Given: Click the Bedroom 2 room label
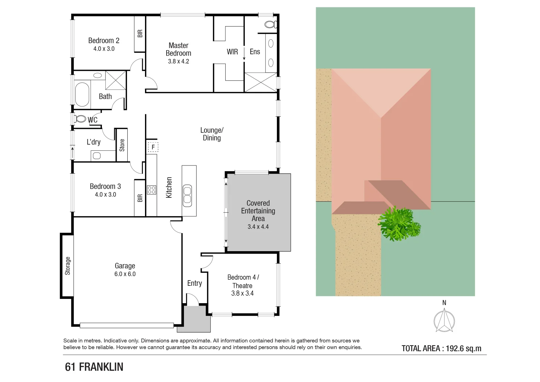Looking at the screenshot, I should click(x=104, y=41).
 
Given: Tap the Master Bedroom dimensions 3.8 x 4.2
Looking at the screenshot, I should click(x=178, y=62).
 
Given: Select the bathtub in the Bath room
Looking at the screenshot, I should click(x=82, y=94).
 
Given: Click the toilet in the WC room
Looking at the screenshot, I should click(x=80, y=119).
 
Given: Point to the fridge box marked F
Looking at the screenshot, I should click(x=153, y=147).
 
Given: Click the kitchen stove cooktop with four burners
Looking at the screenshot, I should click(x=151, y=190).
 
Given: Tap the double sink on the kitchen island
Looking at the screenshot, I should click(x=187, y=196).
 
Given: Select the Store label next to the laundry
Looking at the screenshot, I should click(x=122, y=145).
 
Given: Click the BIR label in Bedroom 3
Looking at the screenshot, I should click(x=140, y=198).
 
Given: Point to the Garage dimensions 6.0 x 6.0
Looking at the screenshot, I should click(x=125, y=274).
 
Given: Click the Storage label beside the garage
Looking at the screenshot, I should click(x=68, y=266).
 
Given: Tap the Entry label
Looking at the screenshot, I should click(x=194, y=283).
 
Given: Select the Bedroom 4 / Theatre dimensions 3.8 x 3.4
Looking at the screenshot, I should click(x=242, y=293).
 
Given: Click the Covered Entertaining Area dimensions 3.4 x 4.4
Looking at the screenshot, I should click(x=258, y=227).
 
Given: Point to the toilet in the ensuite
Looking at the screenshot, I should click(x=271, y=24).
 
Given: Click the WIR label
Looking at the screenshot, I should click(x=232, y=52).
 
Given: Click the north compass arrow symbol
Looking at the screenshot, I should click(x=444, y=320).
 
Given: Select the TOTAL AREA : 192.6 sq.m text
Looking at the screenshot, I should click(x=441, y=348).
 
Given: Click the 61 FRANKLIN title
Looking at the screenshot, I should click(x=94, y=367).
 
